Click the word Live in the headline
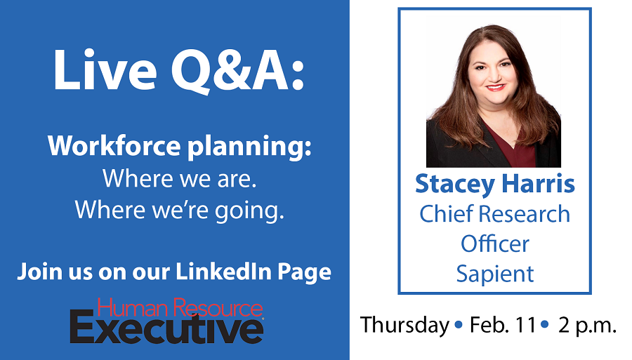(105, 70)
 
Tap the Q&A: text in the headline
(238, 72)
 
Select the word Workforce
(114, 145)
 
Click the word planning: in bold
(249, 147)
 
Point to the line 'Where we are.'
(179, 178)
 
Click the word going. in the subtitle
(249, 211)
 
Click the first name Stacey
(455, 185)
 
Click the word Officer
(494, 244)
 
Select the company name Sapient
(494, 274)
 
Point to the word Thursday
(404, 326)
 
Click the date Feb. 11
(503, 325)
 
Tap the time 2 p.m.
(587, 326)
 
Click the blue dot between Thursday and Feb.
(459, 325)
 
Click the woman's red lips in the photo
(495, 87)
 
